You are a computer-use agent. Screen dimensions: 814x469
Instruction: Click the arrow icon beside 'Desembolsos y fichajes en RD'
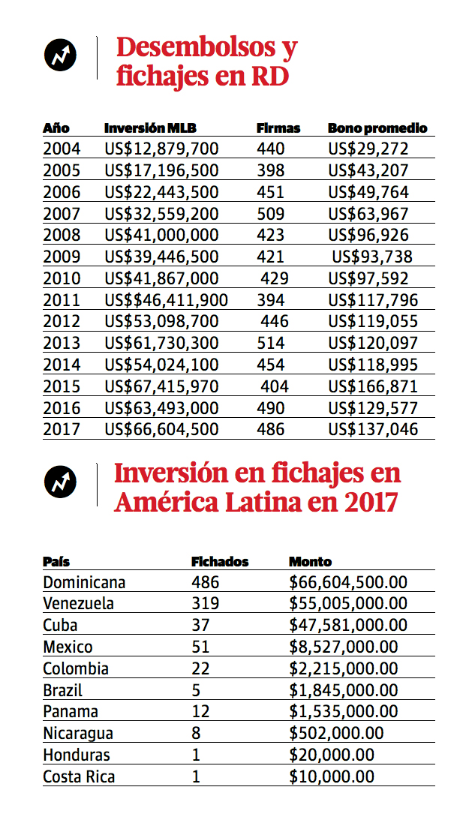coord(61,55)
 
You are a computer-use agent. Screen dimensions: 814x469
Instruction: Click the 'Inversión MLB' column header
coord(150,128)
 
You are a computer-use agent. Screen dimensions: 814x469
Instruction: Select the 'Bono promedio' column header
coord(377,128)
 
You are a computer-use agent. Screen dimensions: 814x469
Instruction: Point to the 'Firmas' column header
coord(278,128)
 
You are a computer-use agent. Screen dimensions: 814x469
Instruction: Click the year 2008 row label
coord(62,236)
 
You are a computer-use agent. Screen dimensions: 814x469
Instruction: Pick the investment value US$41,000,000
coord(162,236)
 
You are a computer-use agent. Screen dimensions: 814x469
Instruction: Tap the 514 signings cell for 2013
coord(271,344)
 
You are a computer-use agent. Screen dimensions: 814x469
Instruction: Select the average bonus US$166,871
coord(373,387)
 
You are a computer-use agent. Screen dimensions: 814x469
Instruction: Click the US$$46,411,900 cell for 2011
coord(167,301)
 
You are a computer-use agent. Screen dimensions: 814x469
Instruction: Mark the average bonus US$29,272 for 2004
coord(368,149)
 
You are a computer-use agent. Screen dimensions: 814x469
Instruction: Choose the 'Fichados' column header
coord(220,561)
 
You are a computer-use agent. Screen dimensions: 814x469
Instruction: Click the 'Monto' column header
coord(310,561)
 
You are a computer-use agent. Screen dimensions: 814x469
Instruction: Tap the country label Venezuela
coord(78,604)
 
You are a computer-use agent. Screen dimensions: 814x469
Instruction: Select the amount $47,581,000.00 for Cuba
coord(348,626)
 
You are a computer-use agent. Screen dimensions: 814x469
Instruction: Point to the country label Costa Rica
coord(79,777)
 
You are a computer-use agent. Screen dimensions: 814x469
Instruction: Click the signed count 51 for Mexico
coord(201,647)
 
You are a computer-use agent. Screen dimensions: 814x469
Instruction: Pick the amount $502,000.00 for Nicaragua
coord(336,734)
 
